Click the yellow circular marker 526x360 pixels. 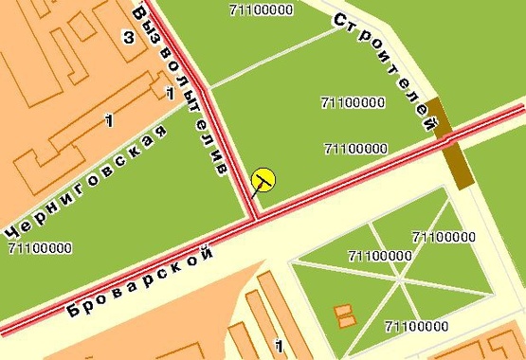tap(263, 178)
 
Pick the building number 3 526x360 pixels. tap(126, 36)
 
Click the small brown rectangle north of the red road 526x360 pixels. tap(436, 117)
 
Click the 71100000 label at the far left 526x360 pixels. tap(39, 248)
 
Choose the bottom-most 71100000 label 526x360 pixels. tap(416, 327)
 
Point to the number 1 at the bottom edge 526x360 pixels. tap(279, 346)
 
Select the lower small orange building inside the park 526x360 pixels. tap(347, 321)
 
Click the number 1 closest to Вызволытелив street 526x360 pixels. tap(169, 93)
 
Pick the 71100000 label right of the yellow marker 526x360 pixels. tap(355, 149)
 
